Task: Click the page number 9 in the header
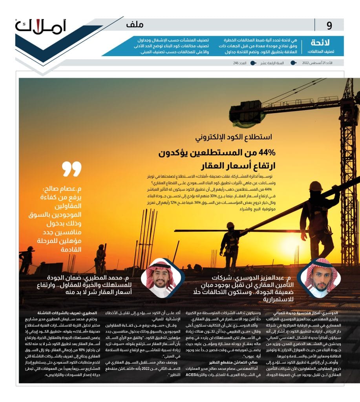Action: (x=329, y=26)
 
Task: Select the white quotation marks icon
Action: (x=71, y=168)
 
